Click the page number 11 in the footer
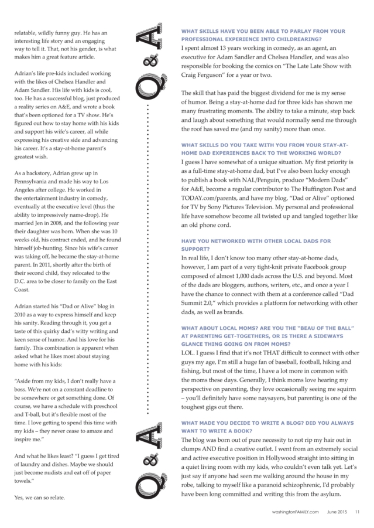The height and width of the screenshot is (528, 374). pyautogui.click(x=357, y=511)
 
